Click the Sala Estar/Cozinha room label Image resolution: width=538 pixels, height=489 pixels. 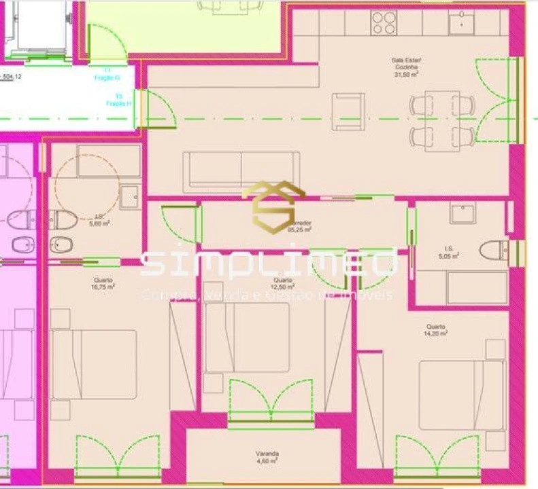tap(405, 64)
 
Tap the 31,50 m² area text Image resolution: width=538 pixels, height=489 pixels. tap(405, 75)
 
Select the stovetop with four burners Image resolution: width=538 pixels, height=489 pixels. tap(384, 24)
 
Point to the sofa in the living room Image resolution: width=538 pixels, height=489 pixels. tap(241, 171)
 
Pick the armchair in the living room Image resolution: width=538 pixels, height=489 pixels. tap(348, 111)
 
